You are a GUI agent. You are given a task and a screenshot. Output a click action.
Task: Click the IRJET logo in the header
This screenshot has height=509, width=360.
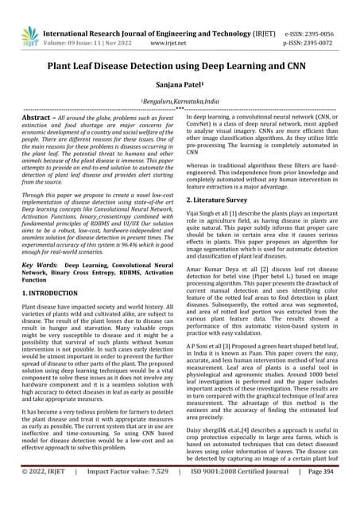(29, 34)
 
